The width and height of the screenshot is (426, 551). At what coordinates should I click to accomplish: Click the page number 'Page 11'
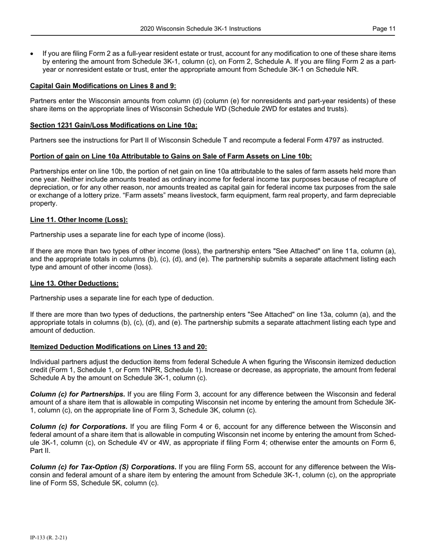pyautogui.click(x=384, y=29)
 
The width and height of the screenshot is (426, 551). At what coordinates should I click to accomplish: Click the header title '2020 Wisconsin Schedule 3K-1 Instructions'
pyautogui.click(x=200, y=29)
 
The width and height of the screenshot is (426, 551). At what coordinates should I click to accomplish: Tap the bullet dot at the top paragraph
pyautogui.click(x=32, y=54)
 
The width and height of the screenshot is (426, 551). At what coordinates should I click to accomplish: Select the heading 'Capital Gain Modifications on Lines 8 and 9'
pyautogui.click(x=103, y=86)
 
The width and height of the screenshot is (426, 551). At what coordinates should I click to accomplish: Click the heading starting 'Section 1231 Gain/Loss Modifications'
pyautogui.click(x=113, y=125)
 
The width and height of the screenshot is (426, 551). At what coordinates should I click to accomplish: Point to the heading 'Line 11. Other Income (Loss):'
pyautogui.click(x=79, y=220)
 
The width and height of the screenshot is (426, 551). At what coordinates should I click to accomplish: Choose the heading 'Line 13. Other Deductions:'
pyautogui.click(x=74, y=283)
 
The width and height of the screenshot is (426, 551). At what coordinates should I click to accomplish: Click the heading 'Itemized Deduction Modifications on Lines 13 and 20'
pyautogui.click(x=118, y=347)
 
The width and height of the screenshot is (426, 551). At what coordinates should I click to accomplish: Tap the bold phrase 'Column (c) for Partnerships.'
pyautogui.click(x=78, y=394)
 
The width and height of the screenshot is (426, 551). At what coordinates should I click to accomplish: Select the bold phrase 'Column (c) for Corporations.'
pyautogui.click(x=78, y=426)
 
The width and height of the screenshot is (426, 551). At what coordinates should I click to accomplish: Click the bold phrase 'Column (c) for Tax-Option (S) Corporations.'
pyautogui.click(x=103, y=467)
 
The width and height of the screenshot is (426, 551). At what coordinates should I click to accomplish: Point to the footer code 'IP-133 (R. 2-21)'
pyautogui.click(x=48, y=538)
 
